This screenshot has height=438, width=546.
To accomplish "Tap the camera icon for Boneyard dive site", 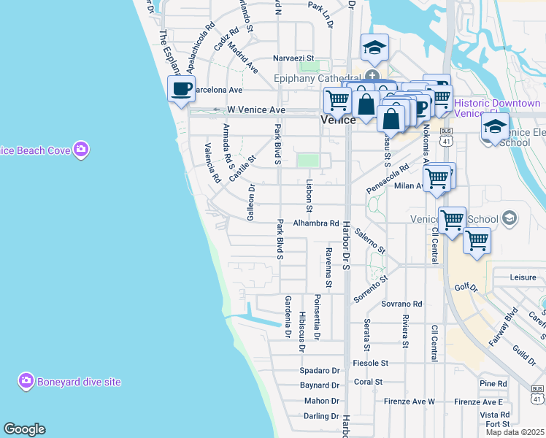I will click(x=26, y=381).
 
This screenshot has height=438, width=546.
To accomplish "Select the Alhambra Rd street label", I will click(x=316, y=223).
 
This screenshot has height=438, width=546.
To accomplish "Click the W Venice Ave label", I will click(x=255, y=109).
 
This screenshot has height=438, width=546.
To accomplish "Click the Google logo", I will click(x=24, y=429).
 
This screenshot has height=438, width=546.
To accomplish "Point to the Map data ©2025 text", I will click(x=515, y=432).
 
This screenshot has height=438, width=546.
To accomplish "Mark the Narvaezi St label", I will click(x=293, y=58).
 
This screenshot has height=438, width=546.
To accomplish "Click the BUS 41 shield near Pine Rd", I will click(x=538, y=394).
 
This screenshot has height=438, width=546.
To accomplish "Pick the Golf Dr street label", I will click(x=464, y=288).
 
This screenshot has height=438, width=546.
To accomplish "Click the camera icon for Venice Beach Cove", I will click(x=80, y=150).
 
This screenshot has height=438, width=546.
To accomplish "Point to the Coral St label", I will click(x=368, y=382).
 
